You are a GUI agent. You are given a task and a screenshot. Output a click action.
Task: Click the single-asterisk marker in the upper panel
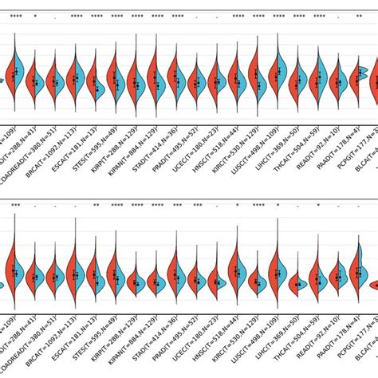pyautogui.click(x=34, y=17)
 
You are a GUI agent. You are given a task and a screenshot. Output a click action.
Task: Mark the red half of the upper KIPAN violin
pyautogui.click(x=131, y=80)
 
